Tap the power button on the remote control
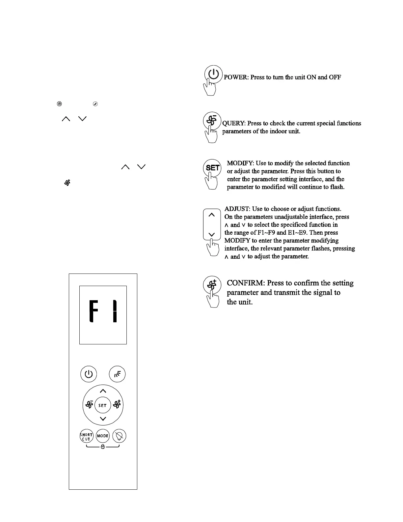pos(89,374)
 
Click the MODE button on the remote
pos(103,436)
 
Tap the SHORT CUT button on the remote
pos(87,436)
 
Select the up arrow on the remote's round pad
pos(103,391)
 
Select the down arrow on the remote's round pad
pos(103,419)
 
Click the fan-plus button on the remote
pos(117,404)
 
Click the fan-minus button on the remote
pos(89,404)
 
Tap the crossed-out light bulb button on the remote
pos(119,436)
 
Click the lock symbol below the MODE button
pos(103,447)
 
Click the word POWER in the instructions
pos(236,77)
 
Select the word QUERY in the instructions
pos(233,123)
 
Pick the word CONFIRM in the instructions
pos(246,283)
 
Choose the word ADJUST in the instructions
pos(237,209)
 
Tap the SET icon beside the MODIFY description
pos(212,168)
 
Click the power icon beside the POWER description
pos(213,74)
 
